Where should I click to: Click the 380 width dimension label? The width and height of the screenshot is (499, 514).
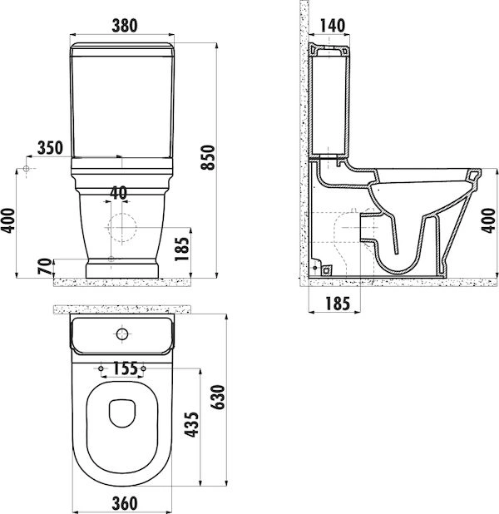click(x=123, y=25)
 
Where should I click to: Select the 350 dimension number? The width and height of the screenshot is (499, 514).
click(x=50, y=148)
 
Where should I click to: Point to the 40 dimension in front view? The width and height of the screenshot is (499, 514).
click(x=118, y=193)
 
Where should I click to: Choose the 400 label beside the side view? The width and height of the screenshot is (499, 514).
click(x=491, y=220)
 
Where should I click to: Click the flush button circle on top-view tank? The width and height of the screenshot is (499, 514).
click(x=122, y=335)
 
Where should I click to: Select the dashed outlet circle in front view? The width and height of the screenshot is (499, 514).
click(x=121, y=224)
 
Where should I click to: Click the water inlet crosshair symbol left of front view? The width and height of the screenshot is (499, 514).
click(x=27, y=170)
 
